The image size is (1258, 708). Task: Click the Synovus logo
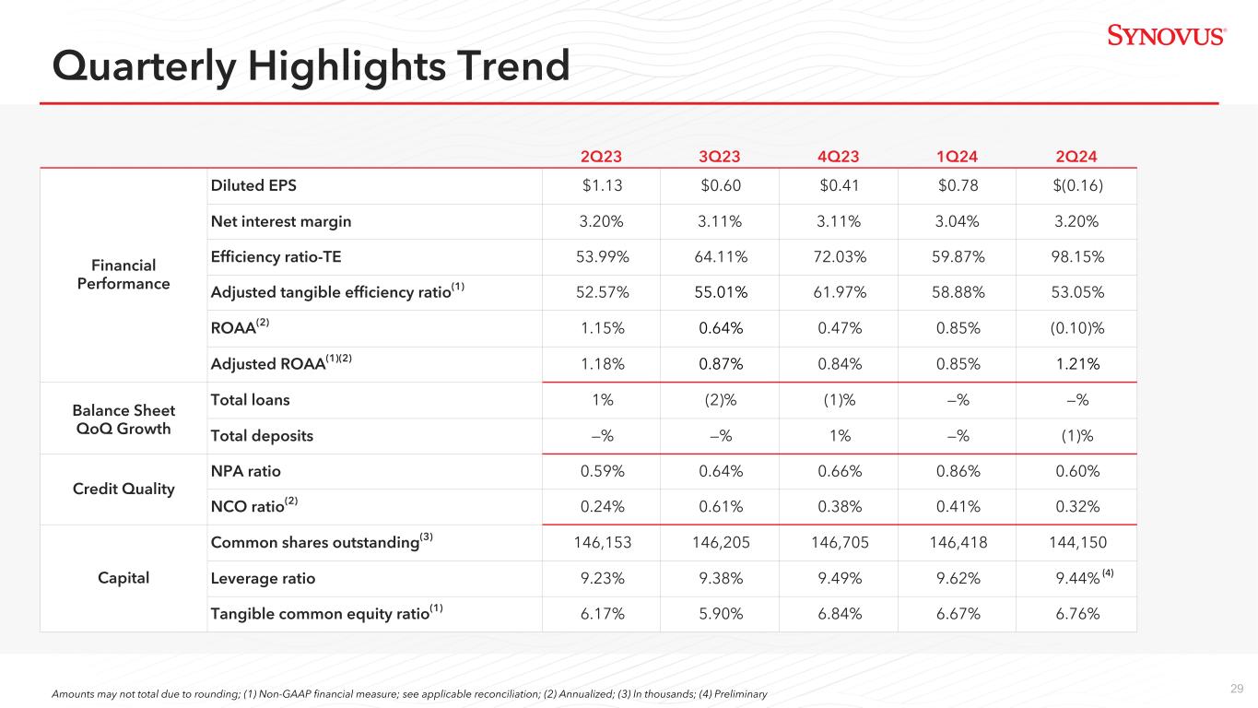point(1166,36)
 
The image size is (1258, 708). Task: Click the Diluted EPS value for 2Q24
point(1076,186)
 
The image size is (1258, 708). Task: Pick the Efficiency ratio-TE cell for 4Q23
point(839,257)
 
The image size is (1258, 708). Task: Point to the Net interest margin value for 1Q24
point(958,221)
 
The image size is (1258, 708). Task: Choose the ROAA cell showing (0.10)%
point(1076,328)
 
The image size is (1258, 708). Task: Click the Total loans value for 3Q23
point(721,400)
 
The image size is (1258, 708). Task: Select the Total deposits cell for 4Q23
point(839,436)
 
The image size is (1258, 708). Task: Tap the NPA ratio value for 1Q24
point(958,471)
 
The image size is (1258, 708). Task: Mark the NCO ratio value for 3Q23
point(721,507)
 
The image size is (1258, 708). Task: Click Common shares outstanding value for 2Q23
point(602,543)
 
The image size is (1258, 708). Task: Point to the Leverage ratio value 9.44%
point(1076,579)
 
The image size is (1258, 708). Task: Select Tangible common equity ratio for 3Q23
point(721,614)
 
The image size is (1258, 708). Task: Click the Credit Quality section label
point(123,490)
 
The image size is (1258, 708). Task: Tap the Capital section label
point(123,579)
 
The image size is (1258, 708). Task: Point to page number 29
point(1237,689)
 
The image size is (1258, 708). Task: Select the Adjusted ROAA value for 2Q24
point(1076,364)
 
